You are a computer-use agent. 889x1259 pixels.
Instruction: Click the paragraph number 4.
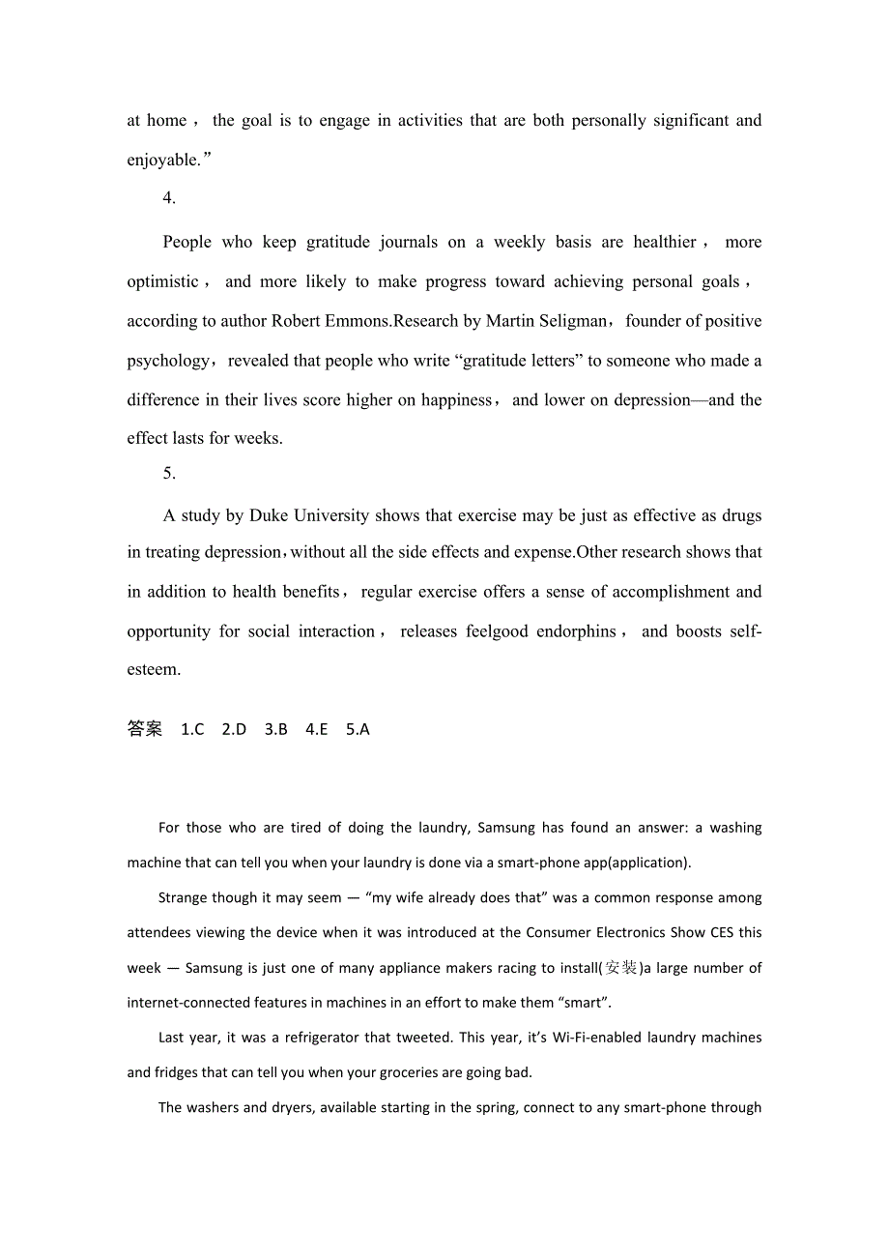tap(169, 198)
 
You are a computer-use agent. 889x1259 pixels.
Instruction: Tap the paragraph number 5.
tap(169, 474)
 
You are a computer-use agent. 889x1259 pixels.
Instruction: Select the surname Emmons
tap(357, 321)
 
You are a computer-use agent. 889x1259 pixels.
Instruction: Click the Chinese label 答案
tap(145, 729)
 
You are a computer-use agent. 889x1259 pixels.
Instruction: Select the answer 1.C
tap(192, 730)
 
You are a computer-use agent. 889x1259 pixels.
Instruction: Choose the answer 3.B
tap(275, 730)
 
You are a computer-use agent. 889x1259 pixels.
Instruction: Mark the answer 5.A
tap(358, 730)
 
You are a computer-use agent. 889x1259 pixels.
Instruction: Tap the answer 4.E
tap(317, 730)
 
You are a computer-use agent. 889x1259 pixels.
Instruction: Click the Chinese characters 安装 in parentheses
tap(620, 968)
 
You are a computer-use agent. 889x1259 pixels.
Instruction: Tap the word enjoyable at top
tap(162, 161)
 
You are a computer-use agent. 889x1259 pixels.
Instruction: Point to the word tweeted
tap(423, 1038)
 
